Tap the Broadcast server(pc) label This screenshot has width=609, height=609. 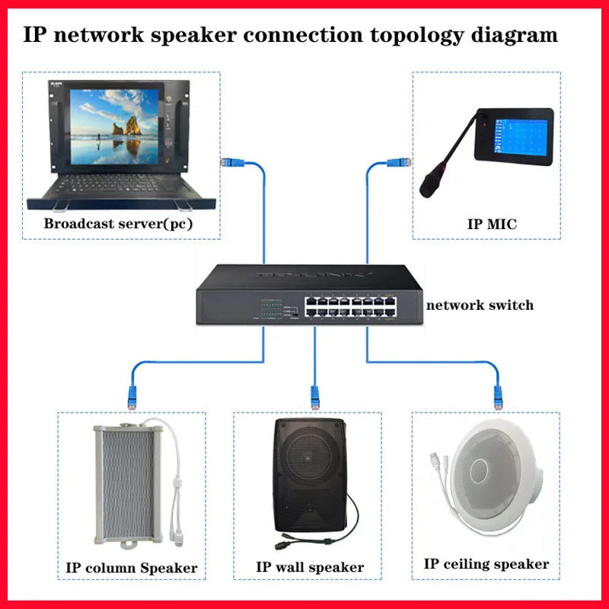coord(118,224)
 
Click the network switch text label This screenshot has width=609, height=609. coord(480,305)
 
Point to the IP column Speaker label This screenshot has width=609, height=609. coord(132,568)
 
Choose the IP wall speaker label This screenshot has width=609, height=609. coord(310,568)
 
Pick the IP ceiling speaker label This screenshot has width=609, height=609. coord(486,564)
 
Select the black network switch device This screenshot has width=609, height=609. coord(304,297)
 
